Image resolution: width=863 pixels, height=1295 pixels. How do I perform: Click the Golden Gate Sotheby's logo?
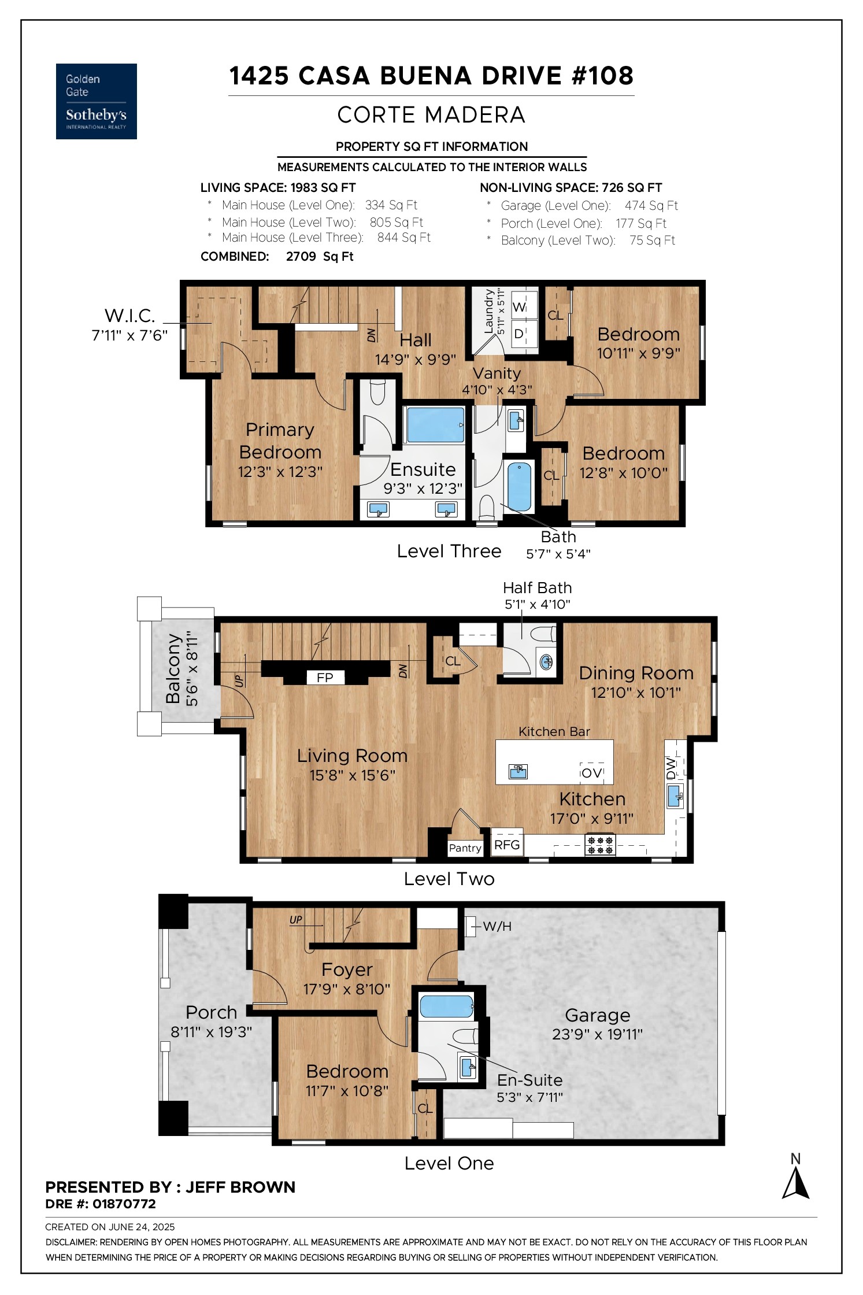coord(96,101)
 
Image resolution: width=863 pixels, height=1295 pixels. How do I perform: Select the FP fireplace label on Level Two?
coord(325,678)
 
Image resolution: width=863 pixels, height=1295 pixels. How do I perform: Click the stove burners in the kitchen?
coord(600,846)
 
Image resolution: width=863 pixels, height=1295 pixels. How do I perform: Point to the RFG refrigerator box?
coord(507,845)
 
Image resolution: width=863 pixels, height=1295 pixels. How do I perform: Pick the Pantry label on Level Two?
coord(465,848)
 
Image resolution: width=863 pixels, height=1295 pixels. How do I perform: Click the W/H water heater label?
coord(497,926)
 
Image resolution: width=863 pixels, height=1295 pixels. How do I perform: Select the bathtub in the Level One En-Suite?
coord(446,1007)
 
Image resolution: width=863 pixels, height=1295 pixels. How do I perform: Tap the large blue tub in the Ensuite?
coord(435,425)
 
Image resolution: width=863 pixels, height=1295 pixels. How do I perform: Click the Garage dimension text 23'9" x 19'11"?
coord(597,1034)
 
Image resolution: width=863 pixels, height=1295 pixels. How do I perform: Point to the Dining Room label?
coord(636,673)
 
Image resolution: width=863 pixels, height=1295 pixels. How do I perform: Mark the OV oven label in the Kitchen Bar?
coord(592,773)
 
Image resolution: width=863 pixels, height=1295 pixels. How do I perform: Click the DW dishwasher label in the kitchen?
coord(671,768)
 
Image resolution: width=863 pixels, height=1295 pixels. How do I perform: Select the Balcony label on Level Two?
coord(173,669)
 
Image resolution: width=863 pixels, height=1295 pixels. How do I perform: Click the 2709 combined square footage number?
coord(301,256)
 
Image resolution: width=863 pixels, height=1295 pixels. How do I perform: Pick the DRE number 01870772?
coord(124,1204)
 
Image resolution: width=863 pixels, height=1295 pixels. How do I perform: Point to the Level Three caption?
coord(449,551)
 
